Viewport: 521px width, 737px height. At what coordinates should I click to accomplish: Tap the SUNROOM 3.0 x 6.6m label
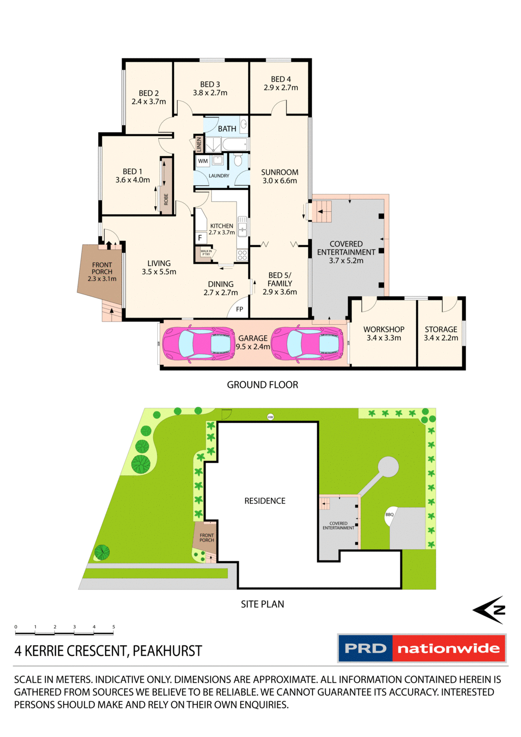click(279, 177)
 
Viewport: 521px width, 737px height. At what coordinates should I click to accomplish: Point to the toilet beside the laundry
click(238, 161)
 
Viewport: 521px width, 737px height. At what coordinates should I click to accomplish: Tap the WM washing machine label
click(203, 161)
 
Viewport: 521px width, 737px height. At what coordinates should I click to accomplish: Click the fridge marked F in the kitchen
click(200, 238)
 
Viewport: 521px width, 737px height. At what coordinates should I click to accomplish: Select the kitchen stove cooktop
click(242, 254)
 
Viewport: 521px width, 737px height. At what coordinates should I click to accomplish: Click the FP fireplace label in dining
click(240, 309)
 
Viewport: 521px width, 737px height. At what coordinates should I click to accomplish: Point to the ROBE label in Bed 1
click(166, 199)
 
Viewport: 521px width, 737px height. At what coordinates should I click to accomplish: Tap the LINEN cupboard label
click(199, 144)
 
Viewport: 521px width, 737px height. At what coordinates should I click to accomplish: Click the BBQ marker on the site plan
click(390, 515)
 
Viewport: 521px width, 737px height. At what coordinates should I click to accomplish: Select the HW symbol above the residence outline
click(271, 417)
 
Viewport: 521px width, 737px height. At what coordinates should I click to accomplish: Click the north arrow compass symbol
click(489, 609)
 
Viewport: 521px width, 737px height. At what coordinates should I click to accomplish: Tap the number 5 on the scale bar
click(113, 627)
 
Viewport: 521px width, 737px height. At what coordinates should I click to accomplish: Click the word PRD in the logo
click(365, 648)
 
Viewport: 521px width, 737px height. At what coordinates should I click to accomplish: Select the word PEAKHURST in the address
click(167, 651)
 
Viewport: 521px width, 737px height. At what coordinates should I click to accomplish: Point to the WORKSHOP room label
click(384, 329)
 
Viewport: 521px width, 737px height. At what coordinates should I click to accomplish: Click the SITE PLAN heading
click(263, 604)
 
